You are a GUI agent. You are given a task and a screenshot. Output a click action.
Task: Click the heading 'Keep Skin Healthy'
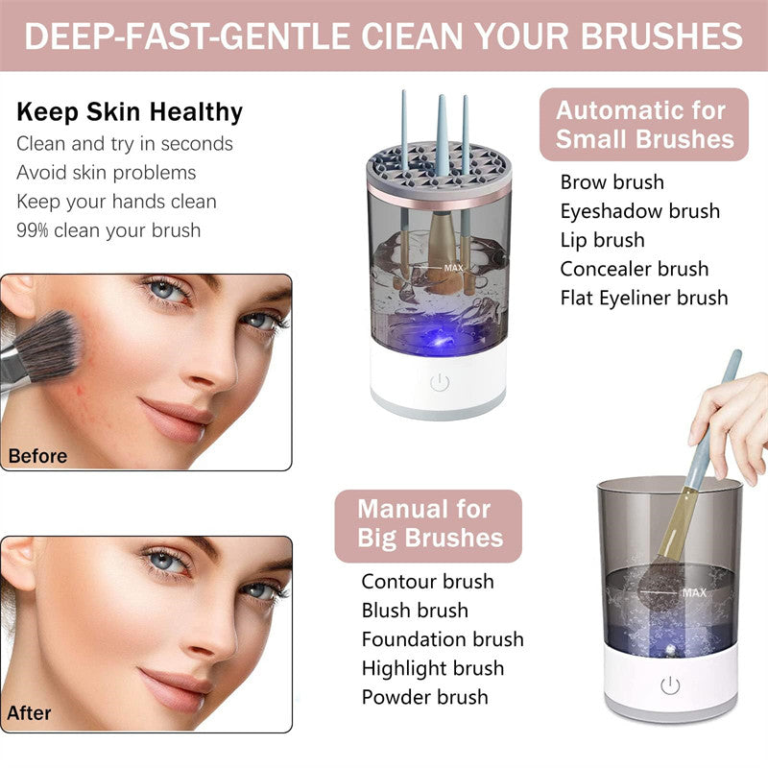tap(130, 112)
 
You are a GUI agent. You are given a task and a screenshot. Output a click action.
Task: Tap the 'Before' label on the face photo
tap(37, 456)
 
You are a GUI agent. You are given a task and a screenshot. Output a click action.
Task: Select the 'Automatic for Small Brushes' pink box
tap(643, 125)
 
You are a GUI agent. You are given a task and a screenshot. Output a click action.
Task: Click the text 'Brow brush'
tap(612, 182)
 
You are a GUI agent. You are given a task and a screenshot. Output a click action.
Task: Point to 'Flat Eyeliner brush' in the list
tap(643, 298)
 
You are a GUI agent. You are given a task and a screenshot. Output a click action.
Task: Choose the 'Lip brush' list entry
tap(602, 240)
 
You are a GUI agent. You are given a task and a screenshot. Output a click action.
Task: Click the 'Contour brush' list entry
tap(427, 582)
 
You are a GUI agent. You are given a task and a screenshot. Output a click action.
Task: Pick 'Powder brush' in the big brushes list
tap(424, 697)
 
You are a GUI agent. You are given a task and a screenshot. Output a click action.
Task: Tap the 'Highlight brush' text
tap(432, 668)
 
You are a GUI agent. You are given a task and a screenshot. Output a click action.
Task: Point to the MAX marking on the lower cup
tap(693, 592)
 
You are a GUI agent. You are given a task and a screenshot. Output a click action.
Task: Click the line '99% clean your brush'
tap(108, 230)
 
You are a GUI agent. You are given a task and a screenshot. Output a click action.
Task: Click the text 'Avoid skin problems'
tap(106, 173)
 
